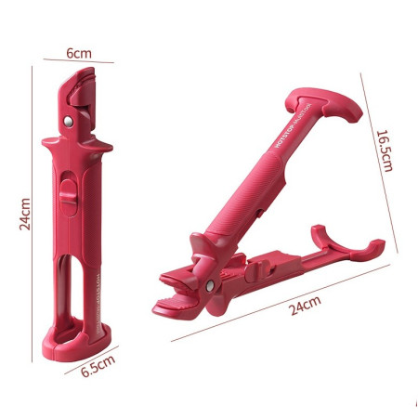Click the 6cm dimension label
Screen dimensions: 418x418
pyautogui.click(x=79, y=54)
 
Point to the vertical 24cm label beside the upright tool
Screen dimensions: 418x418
pyautogui.click(x=26, y=212)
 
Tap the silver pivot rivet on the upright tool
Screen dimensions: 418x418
pyautogui.click(x=68, y=121)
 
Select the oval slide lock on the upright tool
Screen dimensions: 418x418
pyautogui.click(x=66, y=196)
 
